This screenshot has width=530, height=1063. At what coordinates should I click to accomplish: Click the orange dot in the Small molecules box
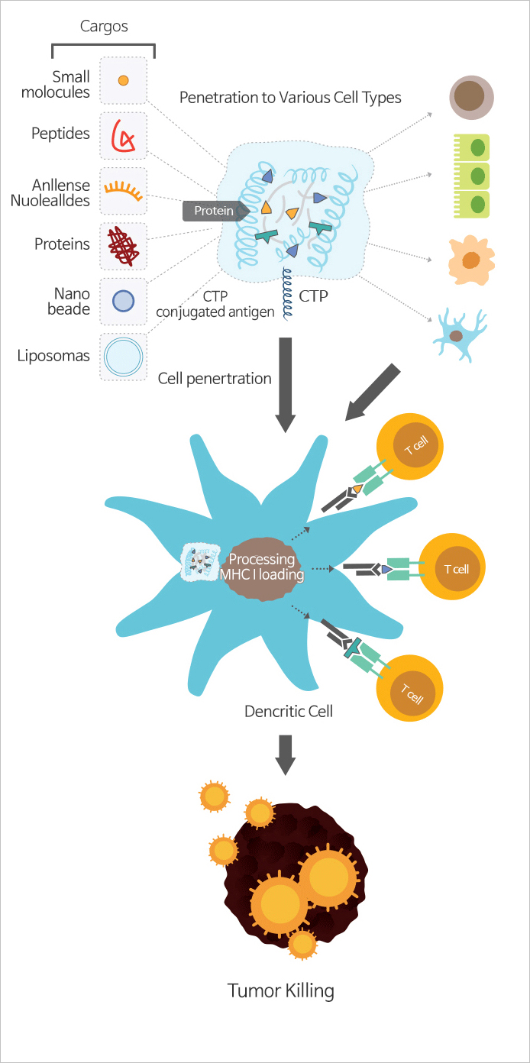124,80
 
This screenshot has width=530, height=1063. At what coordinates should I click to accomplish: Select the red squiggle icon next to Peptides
122,135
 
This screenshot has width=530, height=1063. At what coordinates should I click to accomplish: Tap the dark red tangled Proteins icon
123,246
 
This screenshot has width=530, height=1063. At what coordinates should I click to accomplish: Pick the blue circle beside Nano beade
123,301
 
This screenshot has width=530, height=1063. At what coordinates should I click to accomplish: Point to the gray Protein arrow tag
216,211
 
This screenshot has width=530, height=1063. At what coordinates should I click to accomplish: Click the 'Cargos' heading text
104,26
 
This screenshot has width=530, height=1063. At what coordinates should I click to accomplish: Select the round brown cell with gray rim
472,97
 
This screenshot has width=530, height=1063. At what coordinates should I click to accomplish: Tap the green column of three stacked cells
471,176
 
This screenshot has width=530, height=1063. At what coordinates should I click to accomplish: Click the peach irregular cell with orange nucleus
471,260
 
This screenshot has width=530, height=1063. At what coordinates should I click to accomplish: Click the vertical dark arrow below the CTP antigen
285,385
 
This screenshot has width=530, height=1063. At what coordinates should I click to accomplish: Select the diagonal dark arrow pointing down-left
373,393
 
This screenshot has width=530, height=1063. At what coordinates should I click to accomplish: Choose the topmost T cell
410,446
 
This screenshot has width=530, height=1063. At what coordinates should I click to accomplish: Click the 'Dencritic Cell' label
289,712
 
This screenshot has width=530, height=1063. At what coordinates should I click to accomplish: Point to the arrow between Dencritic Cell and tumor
285,755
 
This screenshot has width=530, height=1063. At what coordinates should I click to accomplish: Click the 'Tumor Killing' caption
281,991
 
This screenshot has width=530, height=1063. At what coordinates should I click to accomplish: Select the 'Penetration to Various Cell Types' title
290,98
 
